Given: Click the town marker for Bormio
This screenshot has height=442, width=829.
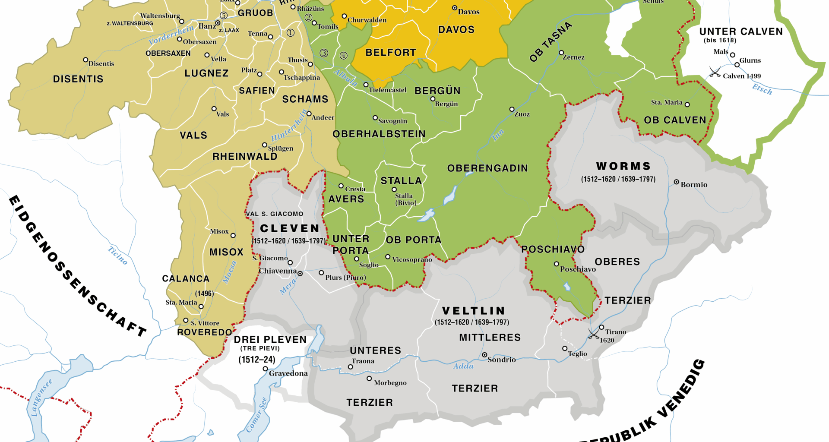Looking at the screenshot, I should (x=676, y=182).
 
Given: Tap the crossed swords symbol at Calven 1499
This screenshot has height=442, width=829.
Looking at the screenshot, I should (x=715, y=72).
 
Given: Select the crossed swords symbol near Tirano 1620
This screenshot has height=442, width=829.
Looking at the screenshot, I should (x=594, y=334).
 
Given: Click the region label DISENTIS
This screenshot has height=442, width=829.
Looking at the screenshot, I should (x=78, y=79).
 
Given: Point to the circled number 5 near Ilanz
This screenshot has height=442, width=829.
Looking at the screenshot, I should (x=224, y=16).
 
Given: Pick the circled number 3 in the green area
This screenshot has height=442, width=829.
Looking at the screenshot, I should (x=324, y=53).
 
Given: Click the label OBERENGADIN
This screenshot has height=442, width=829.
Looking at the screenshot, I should (x=487, y=168).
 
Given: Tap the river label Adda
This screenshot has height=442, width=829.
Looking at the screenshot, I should (x=463, y=366).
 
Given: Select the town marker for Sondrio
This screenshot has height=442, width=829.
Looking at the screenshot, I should (x=484, y=355).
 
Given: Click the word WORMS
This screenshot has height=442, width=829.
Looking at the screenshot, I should (x=623, y=166).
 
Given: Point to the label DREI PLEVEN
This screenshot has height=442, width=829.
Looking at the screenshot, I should (x=270, y=340).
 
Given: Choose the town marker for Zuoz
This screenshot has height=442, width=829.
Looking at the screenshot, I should (x=512, y=109).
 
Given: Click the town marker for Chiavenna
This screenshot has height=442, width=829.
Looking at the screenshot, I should (x=300, y=273).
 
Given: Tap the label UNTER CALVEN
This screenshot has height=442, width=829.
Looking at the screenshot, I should (x=740, y=32).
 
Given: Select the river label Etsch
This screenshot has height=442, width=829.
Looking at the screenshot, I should (x=762, y=89).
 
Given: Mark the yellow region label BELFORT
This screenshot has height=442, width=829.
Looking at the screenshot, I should (x=391, y=53).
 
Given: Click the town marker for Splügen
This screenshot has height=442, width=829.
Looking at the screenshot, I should (x=265, y=145).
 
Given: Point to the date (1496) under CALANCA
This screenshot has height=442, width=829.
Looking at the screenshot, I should (x=204, y=294).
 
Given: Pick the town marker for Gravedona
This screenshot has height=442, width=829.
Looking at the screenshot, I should (x=265, y=369).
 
